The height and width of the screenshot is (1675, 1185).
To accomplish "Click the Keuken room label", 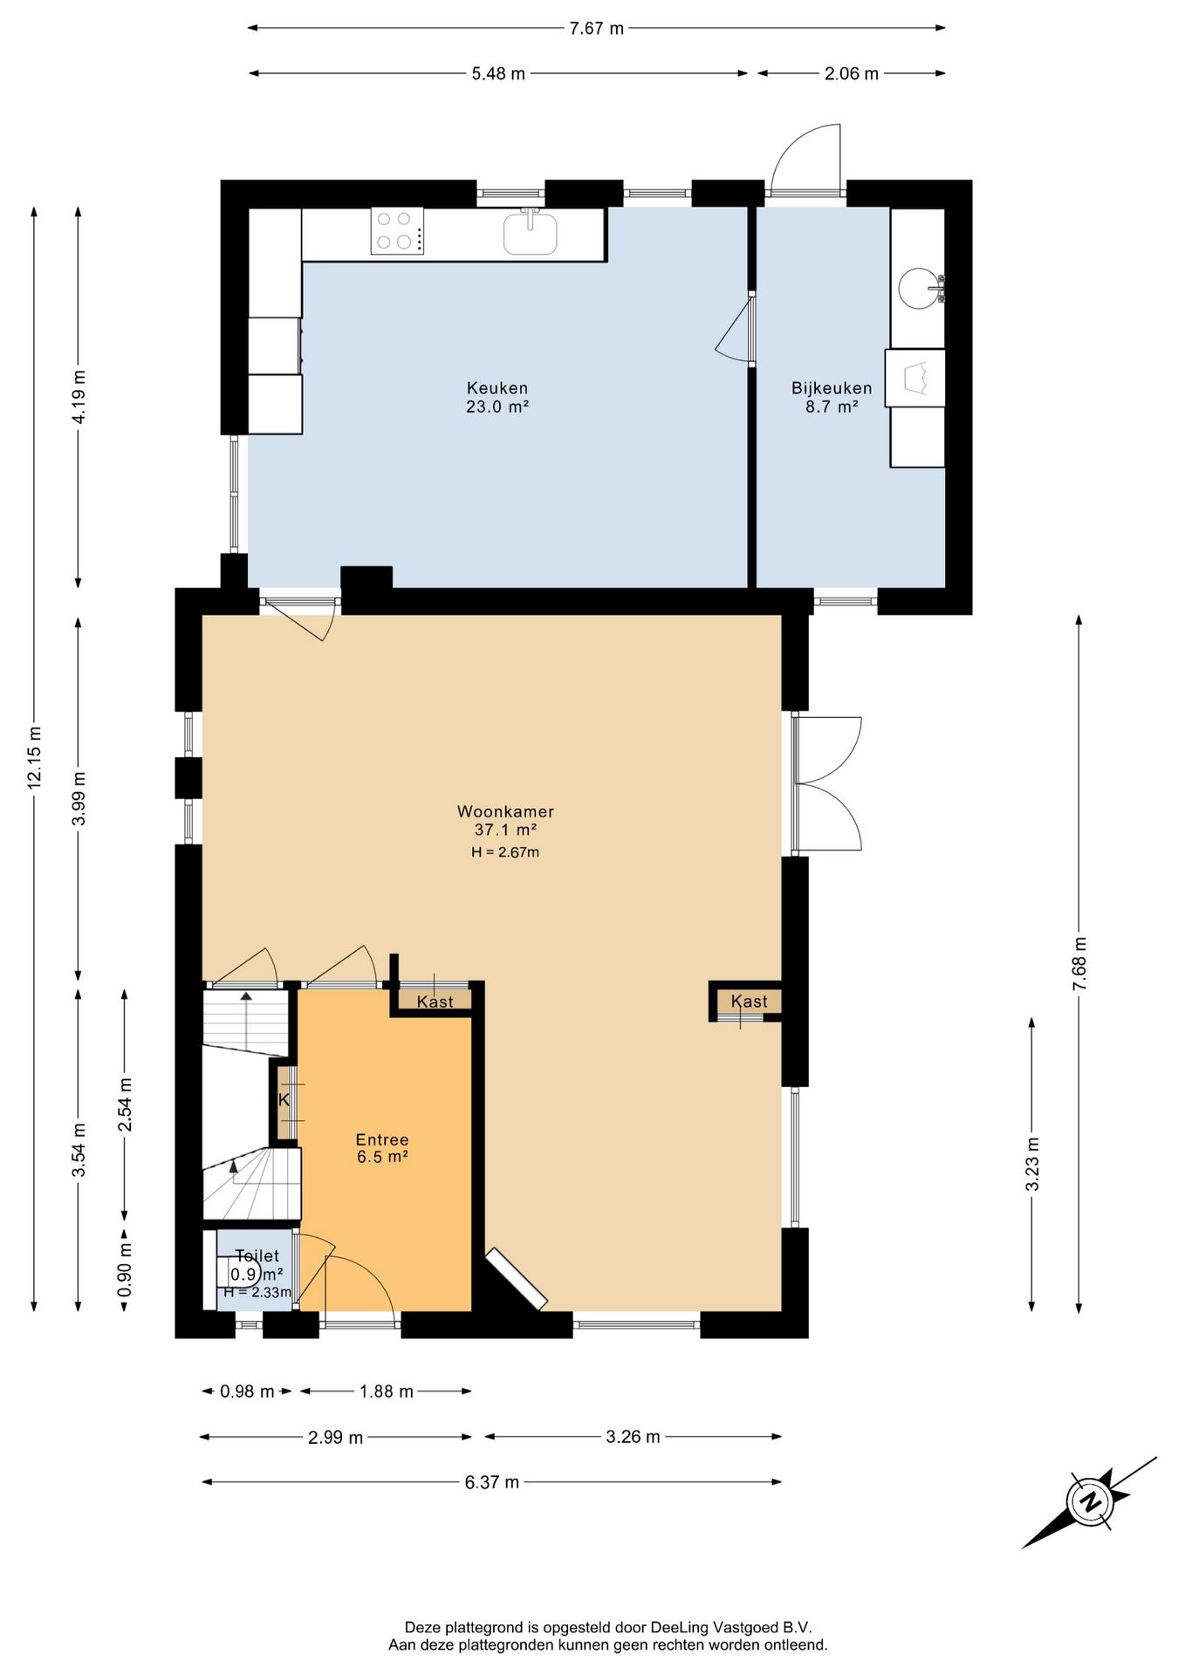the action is (x=497, y=388).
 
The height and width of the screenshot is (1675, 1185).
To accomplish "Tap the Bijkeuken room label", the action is (x=832, y=388).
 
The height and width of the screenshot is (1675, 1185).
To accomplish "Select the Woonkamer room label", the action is (x=506, y=811).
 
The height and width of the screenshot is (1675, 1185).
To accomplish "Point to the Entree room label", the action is (x=382, y=1139).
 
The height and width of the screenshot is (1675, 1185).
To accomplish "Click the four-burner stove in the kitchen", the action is (x=397, y=230).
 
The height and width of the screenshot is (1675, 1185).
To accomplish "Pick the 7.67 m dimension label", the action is (x=597, y=28).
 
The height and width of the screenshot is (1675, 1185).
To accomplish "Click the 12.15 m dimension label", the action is (x=34, y=757).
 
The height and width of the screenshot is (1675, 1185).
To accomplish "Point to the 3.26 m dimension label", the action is (x=633, y=1436).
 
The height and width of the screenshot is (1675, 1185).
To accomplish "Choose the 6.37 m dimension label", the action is (x=492, y=1481).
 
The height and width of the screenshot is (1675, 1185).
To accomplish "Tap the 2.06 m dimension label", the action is (x=852, y=73).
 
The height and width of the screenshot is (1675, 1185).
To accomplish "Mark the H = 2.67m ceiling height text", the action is (x=505, y=852).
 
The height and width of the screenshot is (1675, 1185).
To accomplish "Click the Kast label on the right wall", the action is (x=750, y=1002).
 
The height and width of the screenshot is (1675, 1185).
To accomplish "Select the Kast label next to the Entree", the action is (x=435, y=1002).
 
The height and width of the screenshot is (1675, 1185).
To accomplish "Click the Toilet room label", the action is (x=257, y=1255).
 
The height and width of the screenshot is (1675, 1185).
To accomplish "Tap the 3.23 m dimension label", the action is (x=1032, y=1164).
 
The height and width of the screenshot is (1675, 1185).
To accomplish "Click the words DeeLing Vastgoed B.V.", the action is (x=731, y=1627).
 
